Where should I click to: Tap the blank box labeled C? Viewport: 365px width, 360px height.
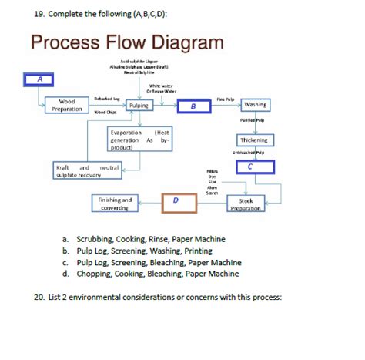pyautogui.click(x=250, y=166)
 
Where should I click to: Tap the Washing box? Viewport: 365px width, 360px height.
pyautogui.click(x=255, y=104)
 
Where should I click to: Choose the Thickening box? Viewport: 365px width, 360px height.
pyautogui.click(x=253, y=140)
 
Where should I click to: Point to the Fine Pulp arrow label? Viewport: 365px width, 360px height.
pyautogui.click(x=226, y=98)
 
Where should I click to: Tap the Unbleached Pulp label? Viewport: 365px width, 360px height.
pyautogui.click(x=253, y=153)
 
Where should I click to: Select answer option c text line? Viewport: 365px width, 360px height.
pyautogui.click(x=159, y=262)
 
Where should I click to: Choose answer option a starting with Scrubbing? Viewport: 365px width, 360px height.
pyautogui.click(x=151, y=240)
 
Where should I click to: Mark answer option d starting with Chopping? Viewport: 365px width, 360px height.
pyautogui.click(x=157, y=273)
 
